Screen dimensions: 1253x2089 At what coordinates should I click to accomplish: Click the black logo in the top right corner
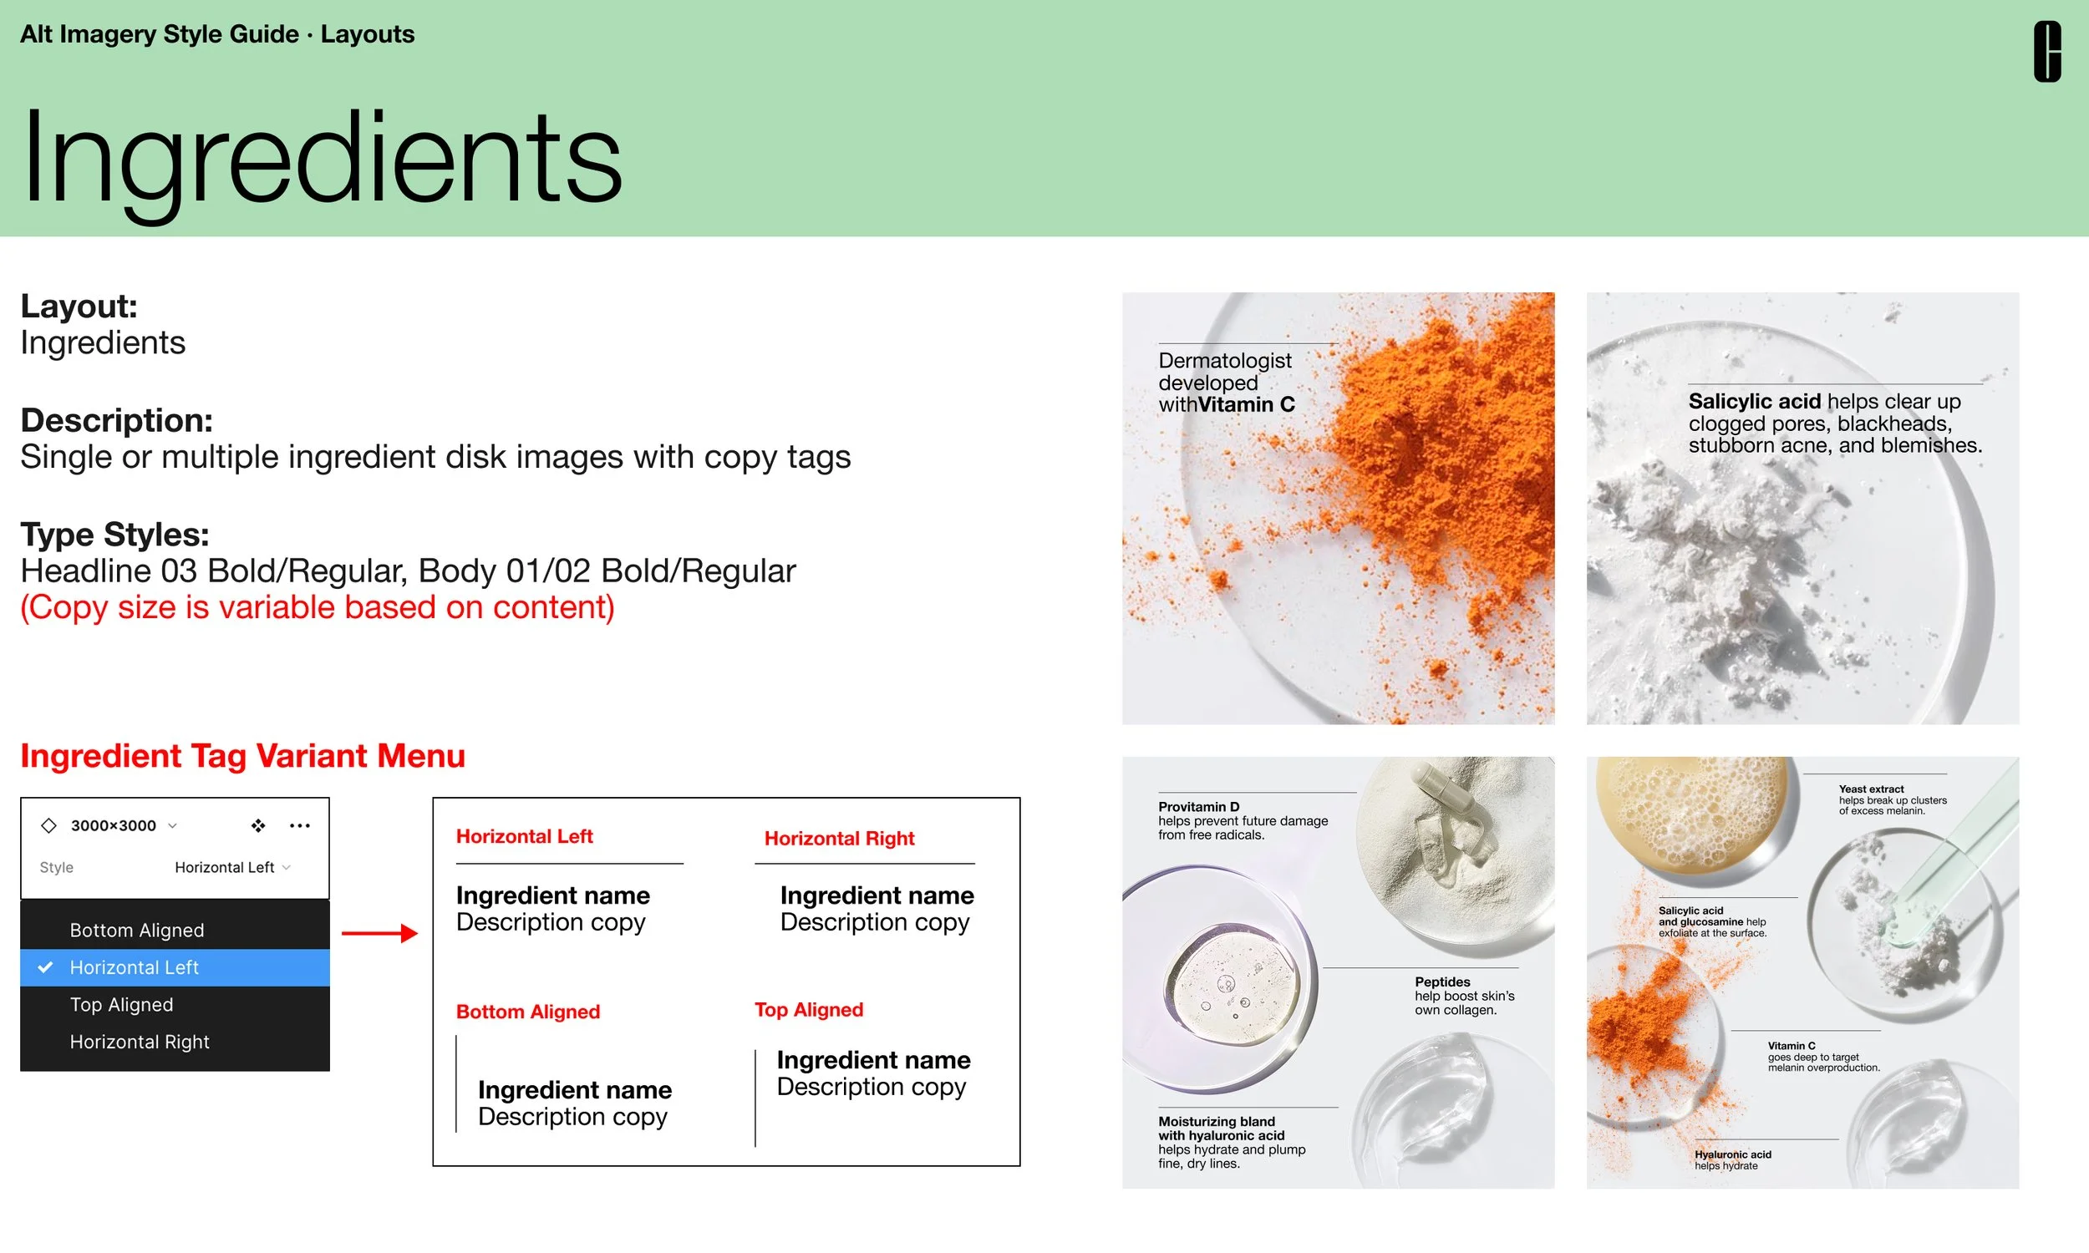click(x=2046, y=52)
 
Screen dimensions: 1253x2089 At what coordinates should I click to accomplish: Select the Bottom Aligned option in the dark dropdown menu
click(x=137, y=930)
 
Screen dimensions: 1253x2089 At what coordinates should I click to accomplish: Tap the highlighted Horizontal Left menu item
click(x=135, y=967)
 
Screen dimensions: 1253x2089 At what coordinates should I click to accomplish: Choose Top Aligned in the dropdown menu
click(x=122, y=1005)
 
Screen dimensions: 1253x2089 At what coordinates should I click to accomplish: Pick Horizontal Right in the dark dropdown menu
click(x=140, y=1042)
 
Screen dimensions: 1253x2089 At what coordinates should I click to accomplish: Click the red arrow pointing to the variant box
click(x=379, y=933)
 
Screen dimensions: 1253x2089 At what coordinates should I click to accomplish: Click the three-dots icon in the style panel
click(x=299, y=826)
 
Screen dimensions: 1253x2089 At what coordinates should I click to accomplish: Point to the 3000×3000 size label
click(x=113, y=826)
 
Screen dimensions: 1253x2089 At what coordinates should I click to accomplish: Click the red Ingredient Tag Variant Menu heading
click(x=242, y=756)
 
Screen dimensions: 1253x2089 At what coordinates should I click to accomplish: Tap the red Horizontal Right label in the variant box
click(x=838, y=839)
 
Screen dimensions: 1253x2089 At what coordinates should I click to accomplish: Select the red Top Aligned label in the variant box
click(x=808, y=1010)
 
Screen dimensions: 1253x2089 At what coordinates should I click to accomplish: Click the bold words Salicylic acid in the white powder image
click(x=1754, y=402)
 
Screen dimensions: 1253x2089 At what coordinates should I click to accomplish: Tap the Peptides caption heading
click(x=1441, y=982)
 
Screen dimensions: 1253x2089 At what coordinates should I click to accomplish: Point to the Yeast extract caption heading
click(x=1870, y=789)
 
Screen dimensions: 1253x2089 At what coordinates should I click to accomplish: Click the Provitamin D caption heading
click(x=1198, y=807)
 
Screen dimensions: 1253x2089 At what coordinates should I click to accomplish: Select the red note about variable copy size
click(x=318, y=608)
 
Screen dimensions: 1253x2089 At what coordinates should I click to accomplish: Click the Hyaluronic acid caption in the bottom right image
click(x=1732, y=1154)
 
